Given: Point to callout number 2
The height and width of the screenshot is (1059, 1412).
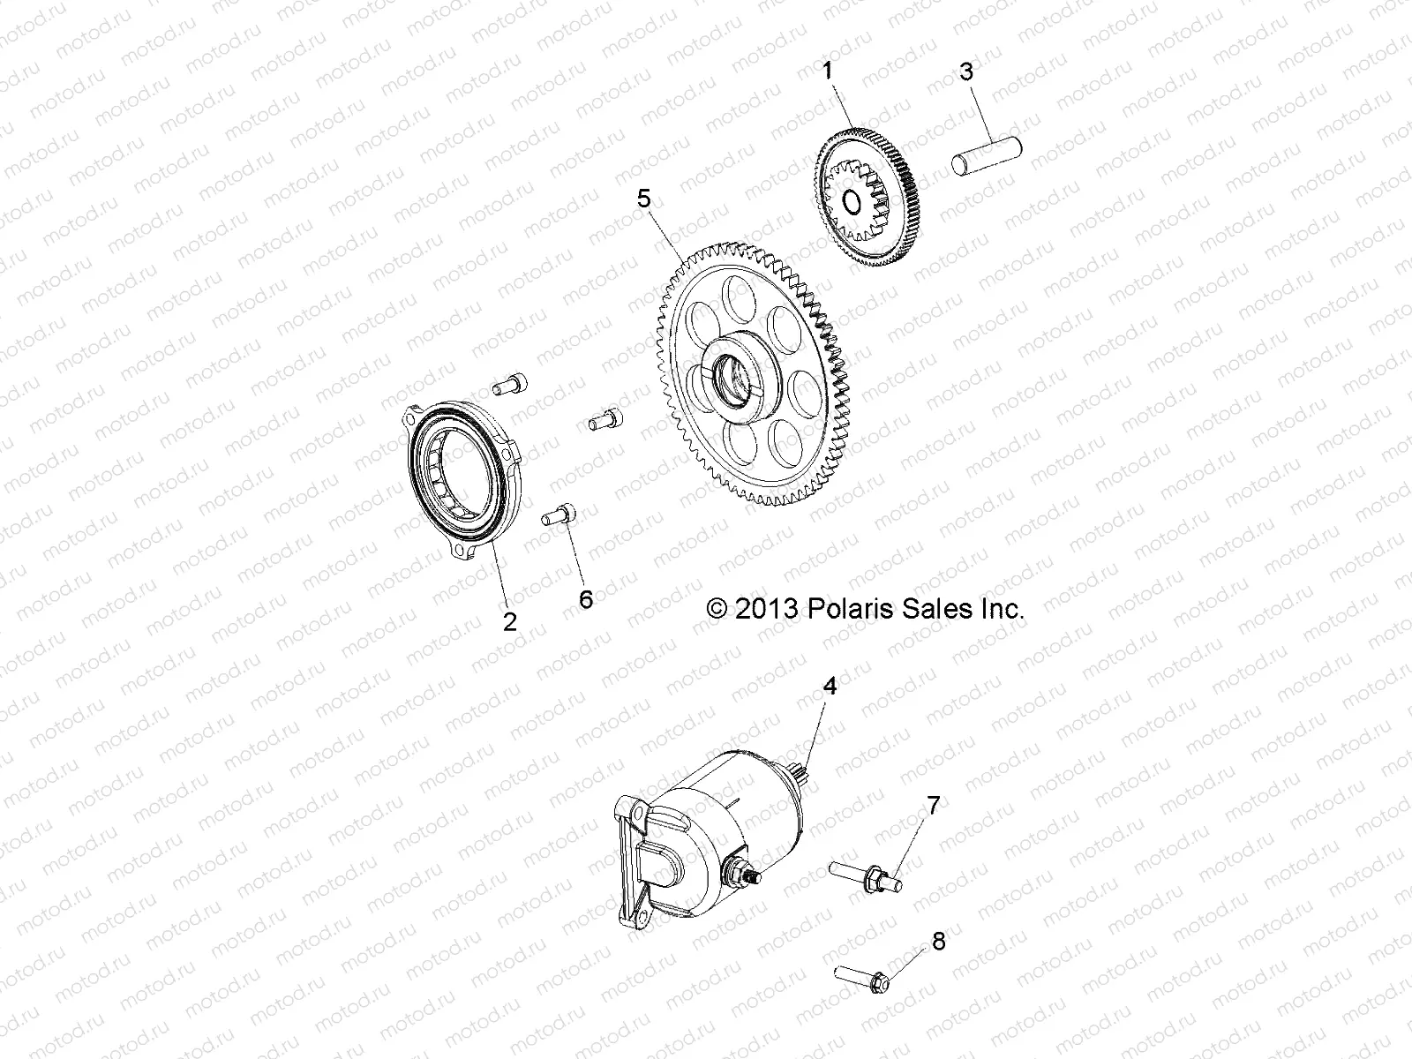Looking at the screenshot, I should point(509,621).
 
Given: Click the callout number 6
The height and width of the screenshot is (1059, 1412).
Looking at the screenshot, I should point(586,599).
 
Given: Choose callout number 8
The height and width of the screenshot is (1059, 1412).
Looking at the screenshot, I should point(938,942).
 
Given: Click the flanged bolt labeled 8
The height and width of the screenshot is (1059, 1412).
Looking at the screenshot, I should point(865,976).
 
